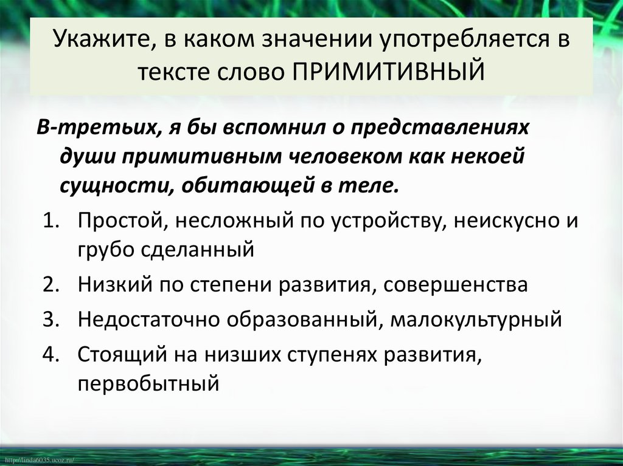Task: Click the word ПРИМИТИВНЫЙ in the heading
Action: click(x=389, y=72)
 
